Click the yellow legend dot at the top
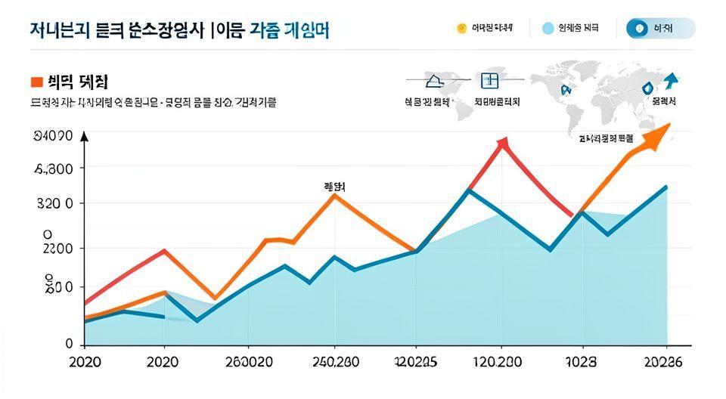click(461, 29)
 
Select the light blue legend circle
click(548, 29)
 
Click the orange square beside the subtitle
click(36, 81)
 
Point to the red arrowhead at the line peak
click(503, 143)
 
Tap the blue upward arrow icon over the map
click(670, 80)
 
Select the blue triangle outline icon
click(436, 80)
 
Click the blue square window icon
click(490, 80)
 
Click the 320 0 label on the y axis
click(54, 204)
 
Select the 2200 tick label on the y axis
click(54, 249)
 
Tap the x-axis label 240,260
click(336, 362)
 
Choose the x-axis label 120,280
click(499, 362)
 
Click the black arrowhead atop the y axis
click(84, 137)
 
